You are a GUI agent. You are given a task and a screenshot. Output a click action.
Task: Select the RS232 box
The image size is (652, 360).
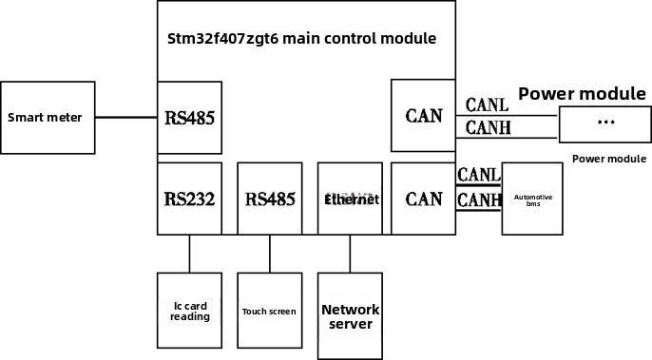click(189, 199)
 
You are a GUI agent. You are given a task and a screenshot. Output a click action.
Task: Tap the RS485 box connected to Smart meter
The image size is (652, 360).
click(189, 119)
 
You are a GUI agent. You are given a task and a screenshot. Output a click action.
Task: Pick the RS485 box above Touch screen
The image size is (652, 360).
click(270, 199)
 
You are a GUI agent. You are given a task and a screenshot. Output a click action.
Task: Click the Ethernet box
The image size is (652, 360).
click(351, 199)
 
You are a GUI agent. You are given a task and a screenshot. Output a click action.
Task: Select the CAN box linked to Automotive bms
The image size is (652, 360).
click(423, 199)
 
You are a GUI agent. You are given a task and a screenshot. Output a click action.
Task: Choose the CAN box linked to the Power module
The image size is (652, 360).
click(423, 116)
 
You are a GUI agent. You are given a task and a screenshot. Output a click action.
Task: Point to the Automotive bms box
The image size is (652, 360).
click(532, 199)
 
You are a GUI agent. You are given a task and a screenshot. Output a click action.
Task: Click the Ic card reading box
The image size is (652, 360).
click(189, 311)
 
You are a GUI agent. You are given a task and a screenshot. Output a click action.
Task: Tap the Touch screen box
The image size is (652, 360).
click(269, 311)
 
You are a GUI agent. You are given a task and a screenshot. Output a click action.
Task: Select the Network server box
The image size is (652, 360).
click(350, 316)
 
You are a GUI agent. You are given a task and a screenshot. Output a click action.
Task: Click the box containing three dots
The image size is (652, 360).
click(605, 123)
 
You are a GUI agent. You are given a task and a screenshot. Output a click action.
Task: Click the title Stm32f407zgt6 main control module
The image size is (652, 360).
click(301, 39)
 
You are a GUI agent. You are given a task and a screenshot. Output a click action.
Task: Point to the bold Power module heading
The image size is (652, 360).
click(582, 94)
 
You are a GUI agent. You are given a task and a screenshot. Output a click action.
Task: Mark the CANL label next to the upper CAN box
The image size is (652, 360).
click(487, 104)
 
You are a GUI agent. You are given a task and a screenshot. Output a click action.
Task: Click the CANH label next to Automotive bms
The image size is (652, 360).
click(479, 199)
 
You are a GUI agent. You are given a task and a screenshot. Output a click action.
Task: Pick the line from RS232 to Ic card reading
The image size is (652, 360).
click(189, 254)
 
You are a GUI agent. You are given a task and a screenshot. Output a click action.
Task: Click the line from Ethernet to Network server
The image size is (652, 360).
click(350, 254)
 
